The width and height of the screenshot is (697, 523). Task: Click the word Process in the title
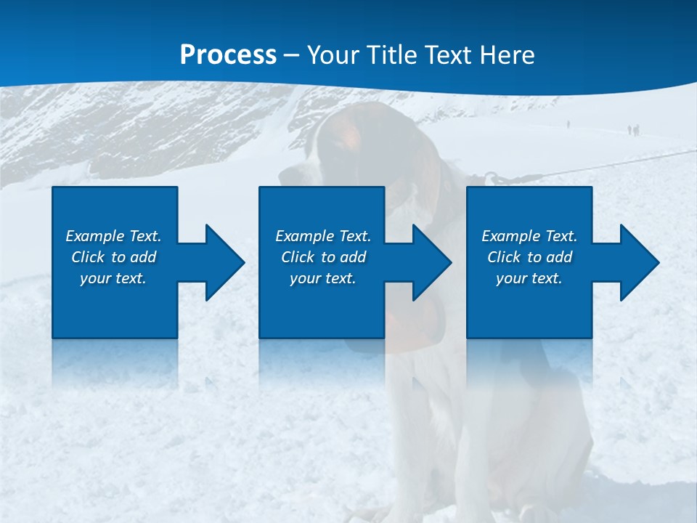(x=228, y=55)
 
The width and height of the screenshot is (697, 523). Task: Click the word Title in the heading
(x=391, y=55)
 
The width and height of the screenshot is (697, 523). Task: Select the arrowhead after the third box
(x=636, y=262)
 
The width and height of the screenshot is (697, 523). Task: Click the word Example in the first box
(x=95, y=236)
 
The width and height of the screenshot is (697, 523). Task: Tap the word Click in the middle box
(x=296, y=257)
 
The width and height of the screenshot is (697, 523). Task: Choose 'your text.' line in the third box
(x=529, y=278)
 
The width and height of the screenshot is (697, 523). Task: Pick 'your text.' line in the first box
(x=113, y=278)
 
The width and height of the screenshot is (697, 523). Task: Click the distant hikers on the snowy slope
(x=633, y=130)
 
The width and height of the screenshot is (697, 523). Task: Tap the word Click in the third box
(x=503, y=257)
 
